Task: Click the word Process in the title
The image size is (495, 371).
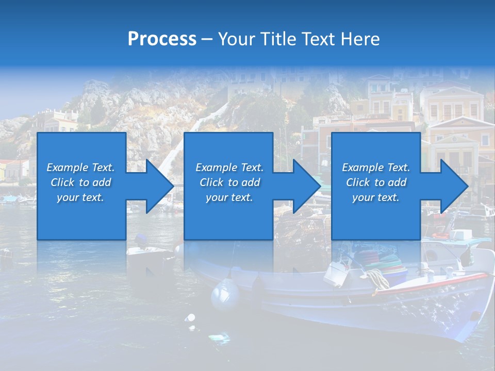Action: pos(162,39)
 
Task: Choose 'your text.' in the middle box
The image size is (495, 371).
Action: pos(229,197)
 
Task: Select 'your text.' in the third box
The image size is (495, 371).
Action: pos(376,197)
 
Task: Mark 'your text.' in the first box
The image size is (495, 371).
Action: pos(80,197)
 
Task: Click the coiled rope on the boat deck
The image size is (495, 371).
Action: pos(378,278)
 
